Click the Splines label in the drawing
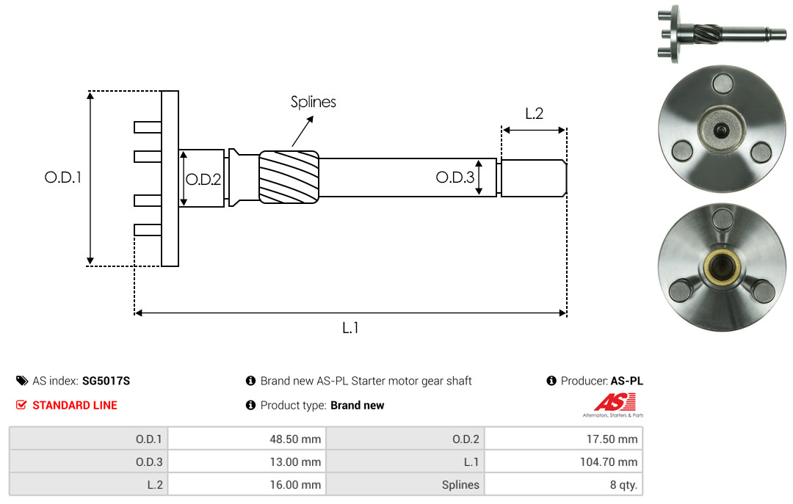[313, 102]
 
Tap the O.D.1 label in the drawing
[62, 178]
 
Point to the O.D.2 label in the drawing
[203, 180]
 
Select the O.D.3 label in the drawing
[455, 178]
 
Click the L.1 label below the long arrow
[350, 328]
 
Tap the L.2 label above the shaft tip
[534, 114]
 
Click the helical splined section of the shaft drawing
[289, 177]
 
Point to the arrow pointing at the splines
[303, 131]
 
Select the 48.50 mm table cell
[247, 439]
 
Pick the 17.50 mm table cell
[563, 439]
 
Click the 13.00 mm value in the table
[295, 462]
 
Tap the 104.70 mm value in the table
[609, 462]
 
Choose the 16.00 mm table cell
[247, 484]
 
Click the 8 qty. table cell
[563, 484]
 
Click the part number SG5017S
[106, 381]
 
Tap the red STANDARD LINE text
[75, 406]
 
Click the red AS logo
[615, 402]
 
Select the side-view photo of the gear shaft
[722, 34]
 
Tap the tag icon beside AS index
[22, 381]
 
